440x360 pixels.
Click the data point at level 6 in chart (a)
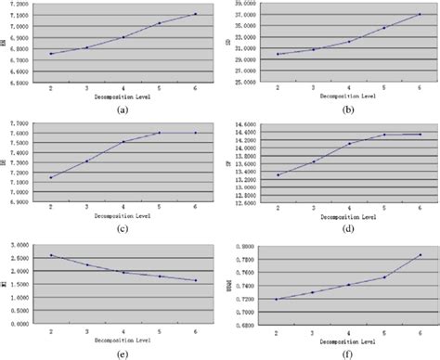pyautogui.click(x=195, y=14)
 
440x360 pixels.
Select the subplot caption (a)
pyautogui.click(x=123, y=109)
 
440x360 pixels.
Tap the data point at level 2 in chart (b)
pyautogui.click(x=277, y=54)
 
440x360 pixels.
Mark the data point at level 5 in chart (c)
pyautogui.click(x=159, y=133)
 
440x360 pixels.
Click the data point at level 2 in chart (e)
pyautogui.click(x=50, y=255)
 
